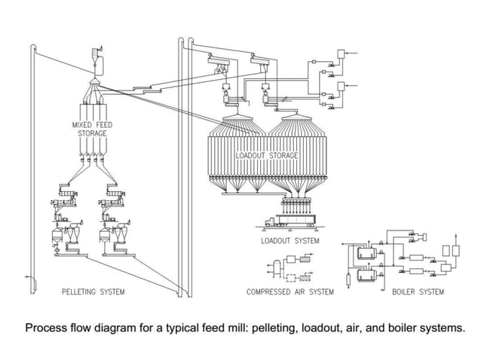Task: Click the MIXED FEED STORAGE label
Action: coord(90,129)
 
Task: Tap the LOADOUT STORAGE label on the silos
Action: coord(267,155)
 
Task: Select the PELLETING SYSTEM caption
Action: coord(93,291)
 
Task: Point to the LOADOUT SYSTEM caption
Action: coord(290,241)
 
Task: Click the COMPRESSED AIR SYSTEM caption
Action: coord(290,291)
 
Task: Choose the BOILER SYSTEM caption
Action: coord(418,291)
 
